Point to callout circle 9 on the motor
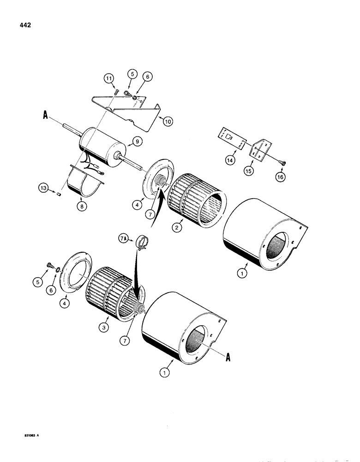137,141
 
